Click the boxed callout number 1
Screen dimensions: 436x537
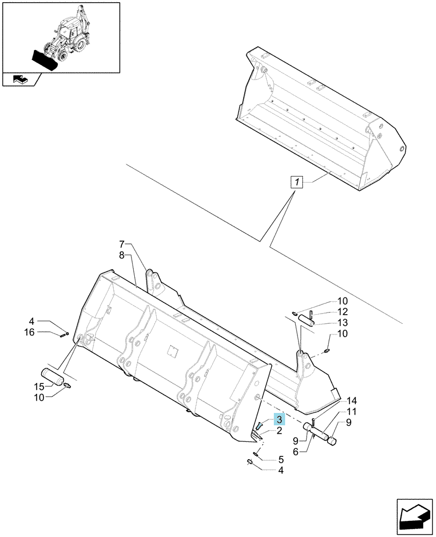click(297, 182)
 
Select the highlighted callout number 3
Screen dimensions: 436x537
click(279, 419)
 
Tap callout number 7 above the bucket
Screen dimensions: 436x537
click(122, 244)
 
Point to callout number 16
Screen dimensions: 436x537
click(30, 332)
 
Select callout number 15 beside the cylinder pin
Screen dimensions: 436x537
click(39, 387)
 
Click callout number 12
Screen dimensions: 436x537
click(343, 311)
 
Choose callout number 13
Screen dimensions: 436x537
click(343, 323)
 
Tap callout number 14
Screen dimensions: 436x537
click(352, 401)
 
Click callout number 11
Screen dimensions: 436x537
click(352, 412)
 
